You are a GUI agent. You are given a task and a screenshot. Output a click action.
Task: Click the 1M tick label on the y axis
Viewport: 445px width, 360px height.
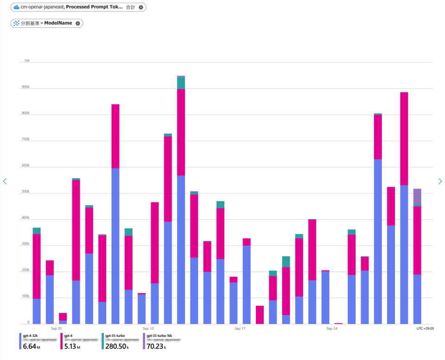(27, 61)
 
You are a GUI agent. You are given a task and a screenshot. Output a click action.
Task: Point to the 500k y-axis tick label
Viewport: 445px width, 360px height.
(26, 192)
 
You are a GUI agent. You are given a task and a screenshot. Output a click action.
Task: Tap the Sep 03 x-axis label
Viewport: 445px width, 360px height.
(57, 328)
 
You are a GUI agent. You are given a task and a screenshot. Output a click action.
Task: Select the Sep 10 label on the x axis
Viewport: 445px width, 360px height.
(148, 328)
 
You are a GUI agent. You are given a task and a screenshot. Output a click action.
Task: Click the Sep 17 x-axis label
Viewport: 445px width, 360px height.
(240, 328)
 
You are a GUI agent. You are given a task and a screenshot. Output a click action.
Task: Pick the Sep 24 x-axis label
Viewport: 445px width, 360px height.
(332, 328)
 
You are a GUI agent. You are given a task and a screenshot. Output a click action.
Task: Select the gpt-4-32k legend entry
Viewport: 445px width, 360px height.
(31, 334)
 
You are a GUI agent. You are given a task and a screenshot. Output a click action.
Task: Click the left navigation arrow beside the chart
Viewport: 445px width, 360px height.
(5, 181)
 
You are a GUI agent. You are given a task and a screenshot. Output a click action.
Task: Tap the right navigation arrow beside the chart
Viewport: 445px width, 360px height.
(440, 181)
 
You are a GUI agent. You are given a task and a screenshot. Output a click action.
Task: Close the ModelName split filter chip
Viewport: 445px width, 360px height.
(78, 23)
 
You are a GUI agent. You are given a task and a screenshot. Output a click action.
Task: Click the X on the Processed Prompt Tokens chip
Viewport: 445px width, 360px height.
(141, 7)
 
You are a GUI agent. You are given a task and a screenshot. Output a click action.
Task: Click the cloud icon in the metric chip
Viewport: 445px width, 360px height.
(16, 7)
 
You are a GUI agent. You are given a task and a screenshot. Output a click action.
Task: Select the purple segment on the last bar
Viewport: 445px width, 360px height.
(417, 196)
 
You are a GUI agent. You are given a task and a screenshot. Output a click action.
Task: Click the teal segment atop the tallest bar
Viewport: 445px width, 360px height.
(181, 82)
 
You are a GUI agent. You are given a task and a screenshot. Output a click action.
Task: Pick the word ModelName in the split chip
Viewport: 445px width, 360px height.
(58, 23)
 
